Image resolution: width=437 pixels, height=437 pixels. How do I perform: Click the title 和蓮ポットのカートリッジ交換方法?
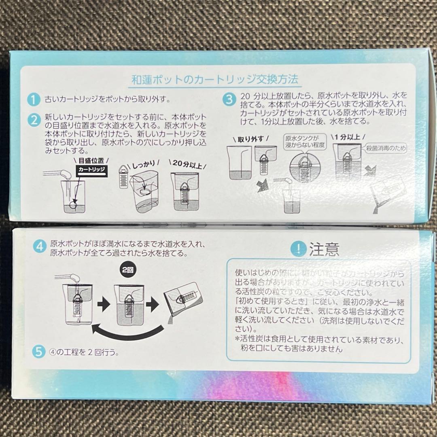point(216,78)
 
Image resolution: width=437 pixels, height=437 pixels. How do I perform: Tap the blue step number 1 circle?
point(34,100)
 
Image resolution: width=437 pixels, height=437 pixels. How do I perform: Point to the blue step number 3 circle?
point(229,100)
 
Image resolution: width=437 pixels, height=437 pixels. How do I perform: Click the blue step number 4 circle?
point(39,246)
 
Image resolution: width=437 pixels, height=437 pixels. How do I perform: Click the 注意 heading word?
point(325,249)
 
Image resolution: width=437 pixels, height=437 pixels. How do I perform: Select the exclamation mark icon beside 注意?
point(299,249)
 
